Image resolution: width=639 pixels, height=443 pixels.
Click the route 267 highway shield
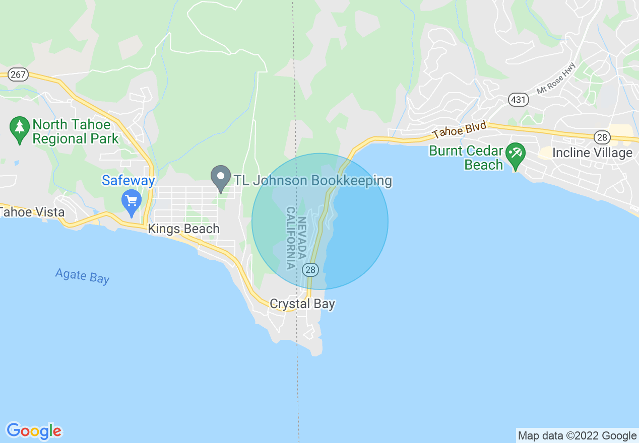coord(18,75)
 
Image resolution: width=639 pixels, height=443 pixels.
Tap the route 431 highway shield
coord(518,100)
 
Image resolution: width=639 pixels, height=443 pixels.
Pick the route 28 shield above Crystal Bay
coord(310,270)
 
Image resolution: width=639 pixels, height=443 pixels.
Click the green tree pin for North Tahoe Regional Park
coord(20,130)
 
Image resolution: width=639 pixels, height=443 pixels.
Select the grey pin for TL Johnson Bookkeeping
coord(220,178)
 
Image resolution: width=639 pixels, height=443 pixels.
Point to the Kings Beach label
coord(183,229)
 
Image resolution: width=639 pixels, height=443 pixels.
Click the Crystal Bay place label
coord(302,304)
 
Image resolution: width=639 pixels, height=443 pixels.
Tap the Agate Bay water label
coord(82,276)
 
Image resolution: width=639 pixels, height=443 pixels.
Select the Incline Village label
coord(592,153)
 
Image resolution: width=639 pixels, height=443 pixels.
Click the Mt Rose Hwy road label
coord(556,81)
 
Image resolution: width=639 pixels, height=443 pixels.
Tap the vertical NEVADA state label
coord(302,238)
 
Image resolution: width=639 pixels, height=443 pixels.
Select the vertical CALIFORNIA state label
coord(291,238)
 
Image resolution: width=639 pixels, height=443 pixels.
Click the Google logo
coord(34,431)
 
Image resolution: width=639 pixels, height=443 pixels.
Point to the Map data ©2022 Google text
coord(577,436)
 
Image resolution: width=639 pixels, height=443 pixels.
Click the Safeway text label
coord(128,180)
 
